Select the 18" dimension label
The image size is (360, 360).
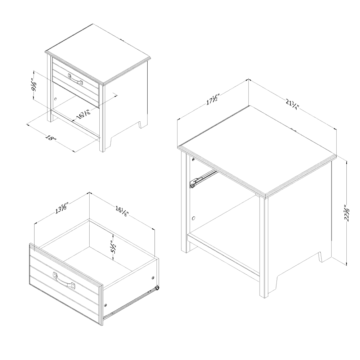pos(51,139)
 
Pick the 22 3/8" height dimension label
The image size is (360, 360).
pos(347,213)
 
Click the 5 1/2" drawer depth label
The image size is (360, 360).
pos(113,247)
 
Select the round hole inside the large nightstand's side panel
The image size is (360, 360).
pos(194,218)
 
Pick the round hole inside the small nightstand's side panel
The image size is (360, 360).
pos(55,99)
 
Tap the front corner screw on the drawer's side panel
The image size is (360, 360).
pos(105,305)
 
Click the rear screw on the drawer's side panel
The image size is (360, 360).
pos(153,278)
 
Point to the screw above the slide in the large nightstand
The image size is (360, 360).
pos(194,159)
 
